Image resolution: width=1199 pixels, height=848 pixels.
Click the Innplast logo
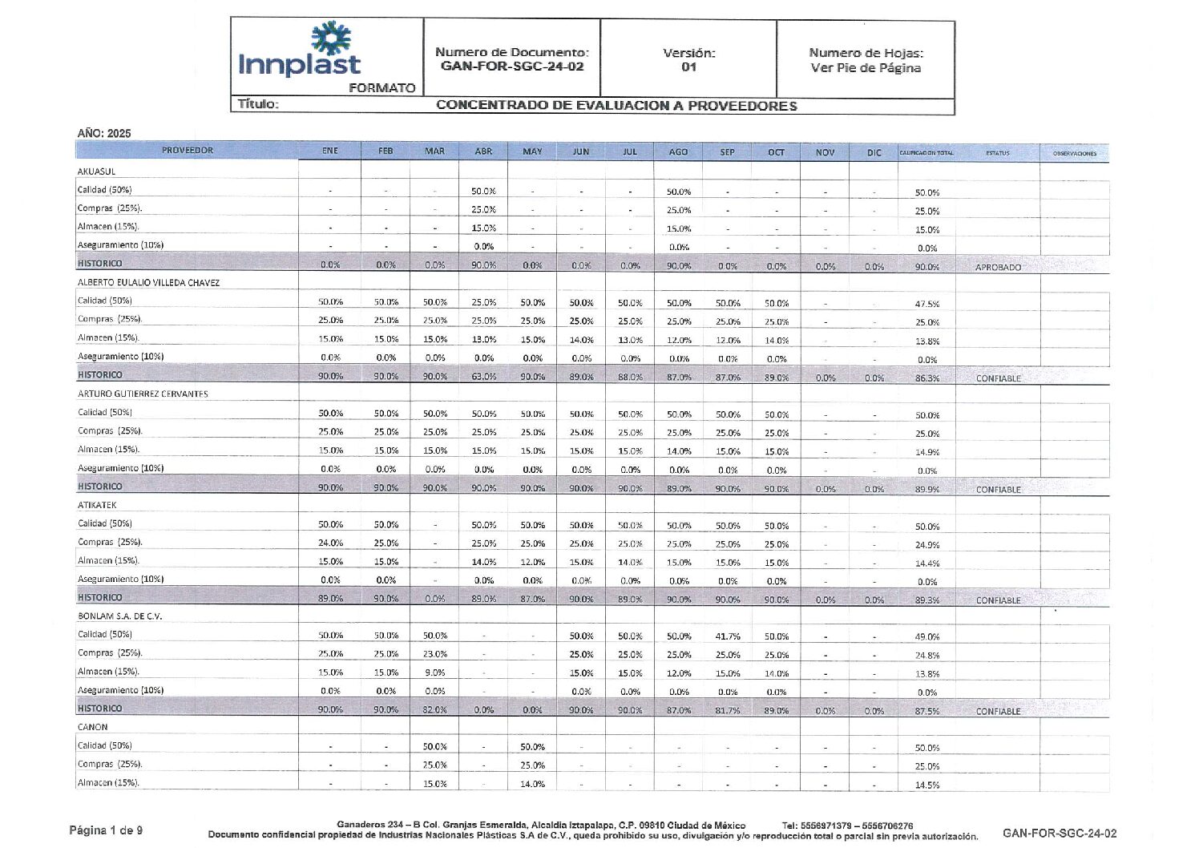point(299,52)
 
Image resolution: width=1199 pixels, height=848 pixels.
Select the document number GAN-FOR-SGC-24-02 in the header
point(512,67)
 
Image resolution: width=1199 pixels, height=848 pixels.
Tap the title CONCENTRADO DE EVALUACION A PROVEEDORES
point(616,106)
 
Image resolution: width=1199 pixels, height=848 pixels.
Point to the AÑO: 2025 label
point(104,133)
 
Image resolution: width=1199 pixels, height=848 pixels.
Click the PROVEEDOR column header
point(188,151)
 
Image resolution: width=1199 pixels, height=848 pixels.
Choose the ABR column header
point(483,151)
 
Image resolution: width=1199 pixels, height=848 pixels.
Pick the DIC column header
point(874,152)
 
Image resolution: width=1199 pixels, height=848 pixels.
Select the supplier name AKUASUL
point(96,172)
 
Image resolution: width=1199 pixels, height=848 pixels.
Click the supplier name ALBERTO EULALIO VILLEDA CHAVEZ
point(148,283)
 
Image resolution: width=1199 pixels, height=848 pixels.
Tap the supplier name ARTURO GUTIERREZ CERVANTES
point(143,394)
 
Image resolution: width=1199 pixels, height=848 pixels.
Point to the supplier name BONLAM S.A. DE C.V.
point(120,616)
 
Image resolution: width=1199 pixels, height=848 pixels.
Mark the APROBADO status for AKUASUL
point(998,268)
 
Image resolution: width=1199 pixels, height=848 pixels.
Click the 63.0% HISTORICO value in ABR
point(483,377)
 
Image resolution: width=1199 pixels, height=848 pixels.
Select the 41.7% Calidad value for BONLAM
point(728,636)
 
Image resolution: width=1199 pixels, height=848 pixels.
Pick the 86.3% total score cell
point(927,378)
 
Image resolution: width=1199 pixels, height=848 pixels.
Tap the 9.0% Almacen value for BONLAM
point(435,673)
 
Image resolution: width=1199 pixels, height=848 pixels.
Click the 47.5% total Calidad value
point(927,305)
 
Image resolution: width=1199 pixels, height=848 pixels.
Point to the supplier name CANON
point(93,728)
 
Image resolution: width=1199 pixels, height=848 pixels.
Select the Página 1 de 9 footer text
point(106,830)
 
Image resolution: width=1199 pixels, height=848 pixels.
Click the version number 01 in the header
point(688,67)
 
